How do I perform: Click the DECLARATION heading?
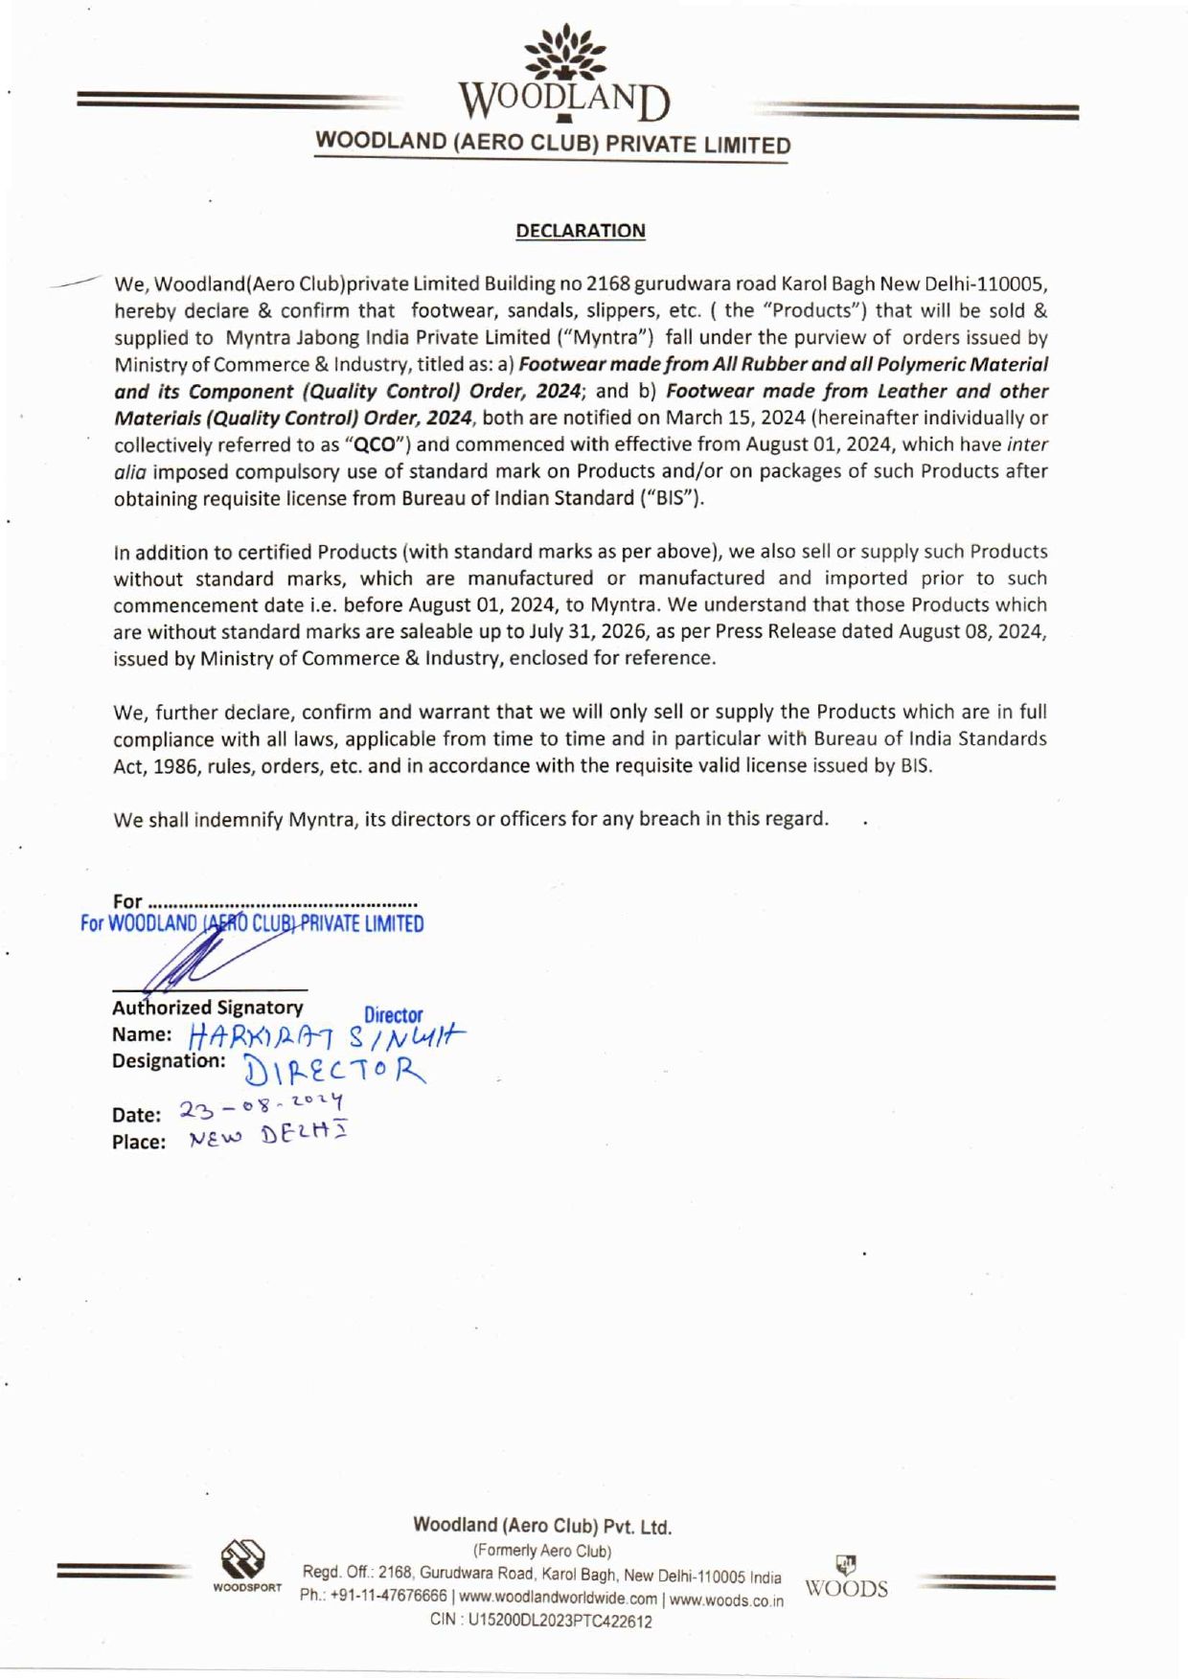581,231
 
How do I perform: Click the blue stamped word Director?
393,1015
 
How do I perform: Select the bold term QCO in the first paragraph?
370,444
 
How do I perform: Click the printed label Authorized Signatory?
207,1008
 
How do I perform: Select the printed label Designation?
169,1061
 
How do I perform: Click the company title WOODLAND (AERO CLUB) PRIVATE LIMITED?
554,144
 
